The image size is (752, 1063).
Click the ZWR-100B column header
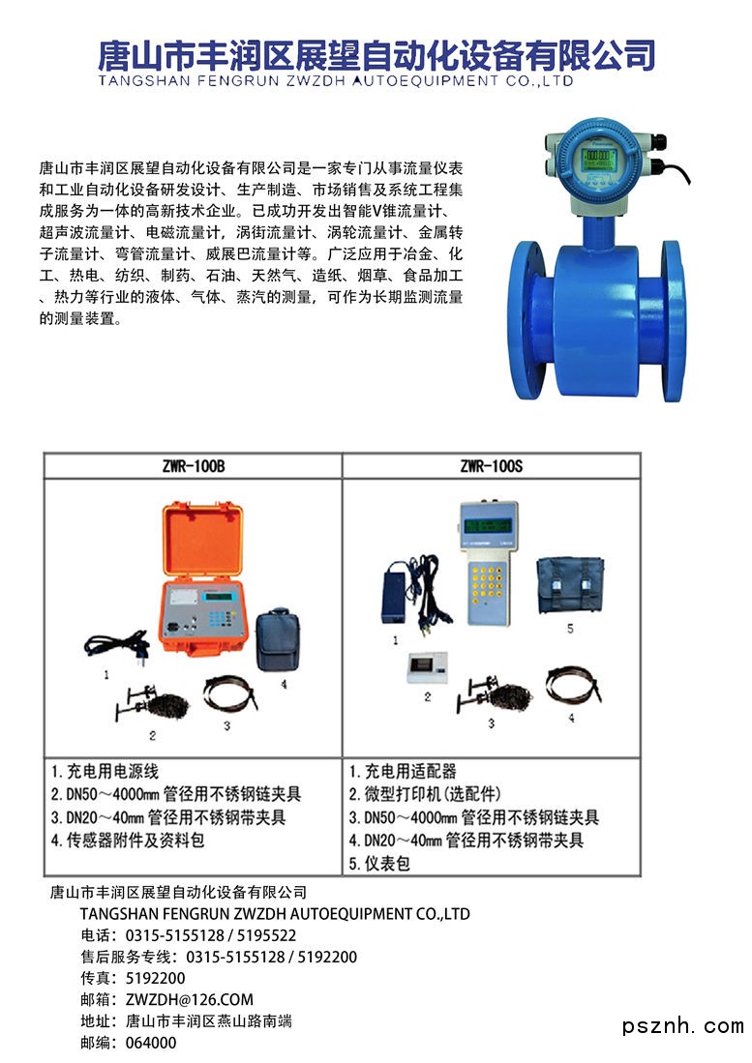tap(194, 466)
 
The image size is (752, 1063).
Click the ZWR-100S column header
tap(492, 466)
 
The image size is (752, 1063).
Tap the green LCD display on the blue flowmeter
tap(599, 160)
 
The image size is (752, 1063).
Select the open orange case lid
tap(202, 540)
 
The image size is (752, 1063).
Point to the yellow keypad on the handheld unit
tap(487, 582)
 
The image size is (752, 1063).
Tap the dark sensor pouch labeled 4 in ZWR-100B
tap(278, 640)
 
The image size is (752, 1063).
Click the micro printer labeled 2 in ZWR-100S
tap(428, 667)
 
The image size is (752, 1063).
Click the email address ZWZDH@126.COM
tap(189, 1000)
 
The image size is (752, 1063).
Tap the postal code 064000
tap(151, 1043)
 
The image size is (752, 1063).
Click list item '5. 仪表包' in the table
tap(379, 864)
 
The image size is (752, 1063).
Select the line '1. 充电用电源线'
tap(105, 772)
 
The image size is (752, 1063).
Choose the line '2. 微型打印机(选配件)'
tap(425, 794)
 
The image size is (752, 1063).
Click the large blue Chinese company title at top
tap(376, 55)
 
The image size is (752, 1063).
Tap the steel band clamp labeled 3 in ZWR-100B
tap(230, 693)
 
